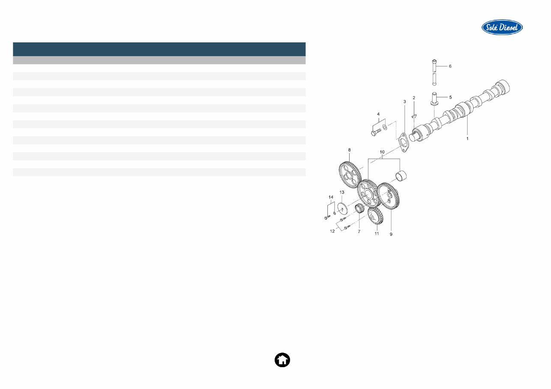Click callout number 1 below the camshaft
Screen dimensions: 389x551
[467, 139]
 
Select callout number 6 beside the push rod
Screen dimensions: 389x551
[450, 66]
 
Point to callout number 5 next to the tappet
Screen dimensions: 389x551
[450, 97]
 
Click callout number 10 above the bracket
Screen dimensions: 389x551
[382, 152]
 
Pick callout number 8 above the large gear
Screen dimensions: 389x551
[349, 150]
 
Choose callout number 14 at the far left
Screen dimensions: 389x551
[330, 197]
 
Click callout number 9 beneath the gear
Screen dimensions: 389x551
[391, 234]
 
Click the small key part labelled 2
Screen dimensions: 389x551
[414, 115]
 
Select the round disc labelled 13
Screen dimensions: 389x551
[341, 208]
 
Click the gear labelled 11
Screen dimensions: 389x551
[375, 216]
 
